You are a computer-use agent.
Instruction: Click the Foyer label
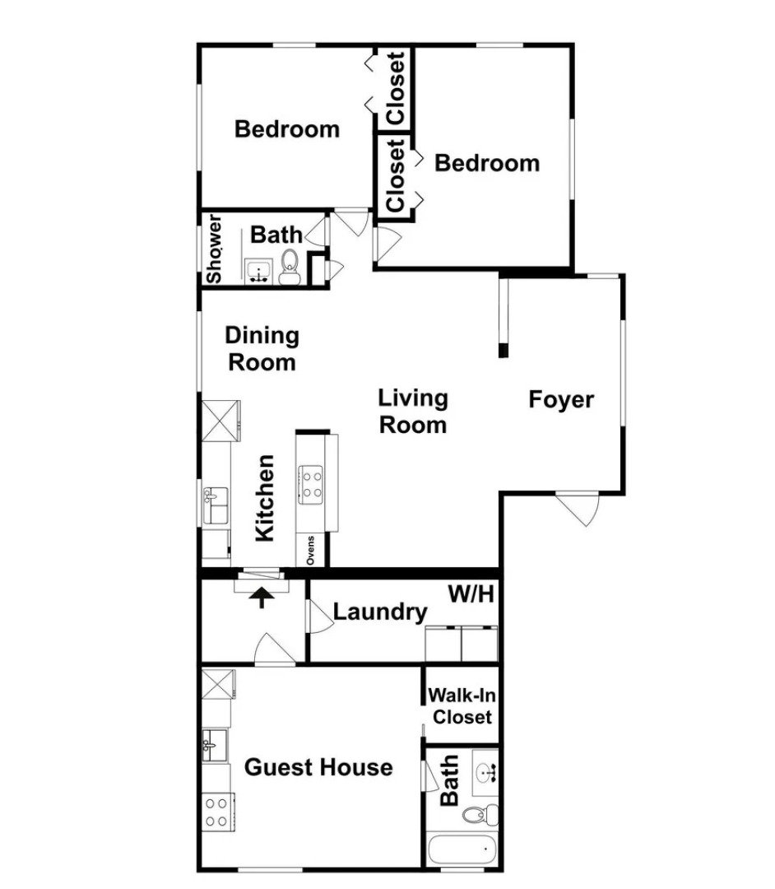(560, 400)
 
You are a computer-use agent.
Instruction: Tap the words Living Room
(412, 412)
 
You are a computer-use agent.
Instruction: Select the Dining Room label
(262, 348)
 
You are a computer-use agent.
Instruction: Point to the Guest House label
(318, 768)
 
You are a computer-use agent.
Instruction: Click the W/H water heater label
(471, 593)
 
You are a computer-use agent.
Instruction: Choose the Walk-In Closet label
(462, 705)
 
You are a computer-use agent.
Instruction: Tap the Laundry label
(380, 612)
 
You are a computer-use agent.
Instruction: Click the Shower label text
(214, 249)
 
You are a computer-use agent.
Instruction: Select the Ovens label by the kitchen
(311, 550)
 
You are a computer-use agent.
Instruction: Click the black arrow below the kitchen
(262, 596)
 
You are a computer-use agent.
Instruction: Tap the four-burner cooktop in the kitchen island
(312, 484)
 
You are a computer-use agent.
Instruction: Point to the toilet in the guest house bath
(478, 815)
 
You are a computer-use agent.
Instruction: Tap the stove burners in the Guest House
(216, 812)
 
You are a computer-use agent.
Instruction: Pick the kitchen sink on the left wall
(215, 503)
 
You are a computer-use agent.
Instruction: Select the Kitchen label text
(264, 498)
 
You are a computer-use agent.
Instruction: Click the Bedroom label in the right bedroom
(486, 163)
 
